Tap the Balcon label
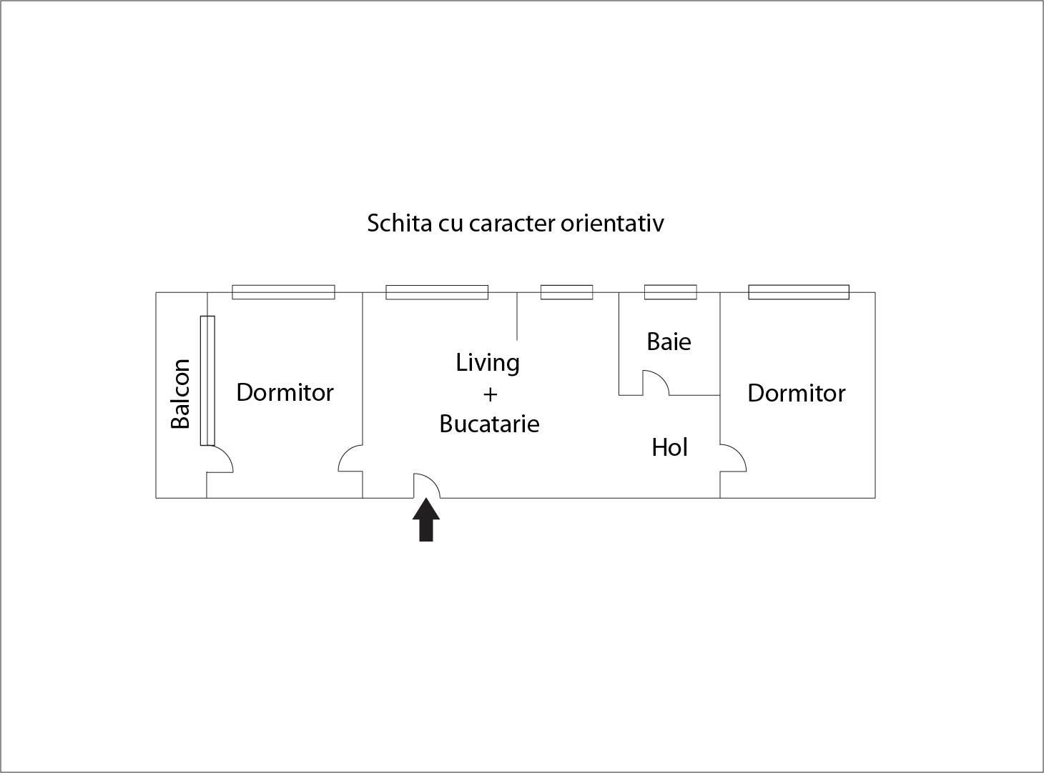click(x=180, y=394)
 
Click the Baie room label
click(x=669, y=341)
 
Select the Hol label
click(x=669, y=447)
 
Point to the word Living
click(x=488, y=363)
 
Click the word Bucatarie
click(x=489, y=424)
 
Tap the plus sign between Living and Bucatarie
click(x=490, y=394)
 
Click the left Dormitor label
click(x=285, y=392)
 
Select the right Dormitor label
click(x=796, y=393)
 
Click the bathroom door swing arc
click(x=656, y=381)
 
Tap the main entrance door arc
click(x=428, y=485)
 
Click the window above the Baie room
click(x=670, y=292)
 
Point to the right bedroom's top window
click(x=799, y=292)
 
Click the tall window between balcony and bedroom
click(x=207, y=380)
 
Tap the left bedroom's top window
click(x=283, y=292)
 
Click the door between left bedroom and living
click(x=350, y=459)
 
